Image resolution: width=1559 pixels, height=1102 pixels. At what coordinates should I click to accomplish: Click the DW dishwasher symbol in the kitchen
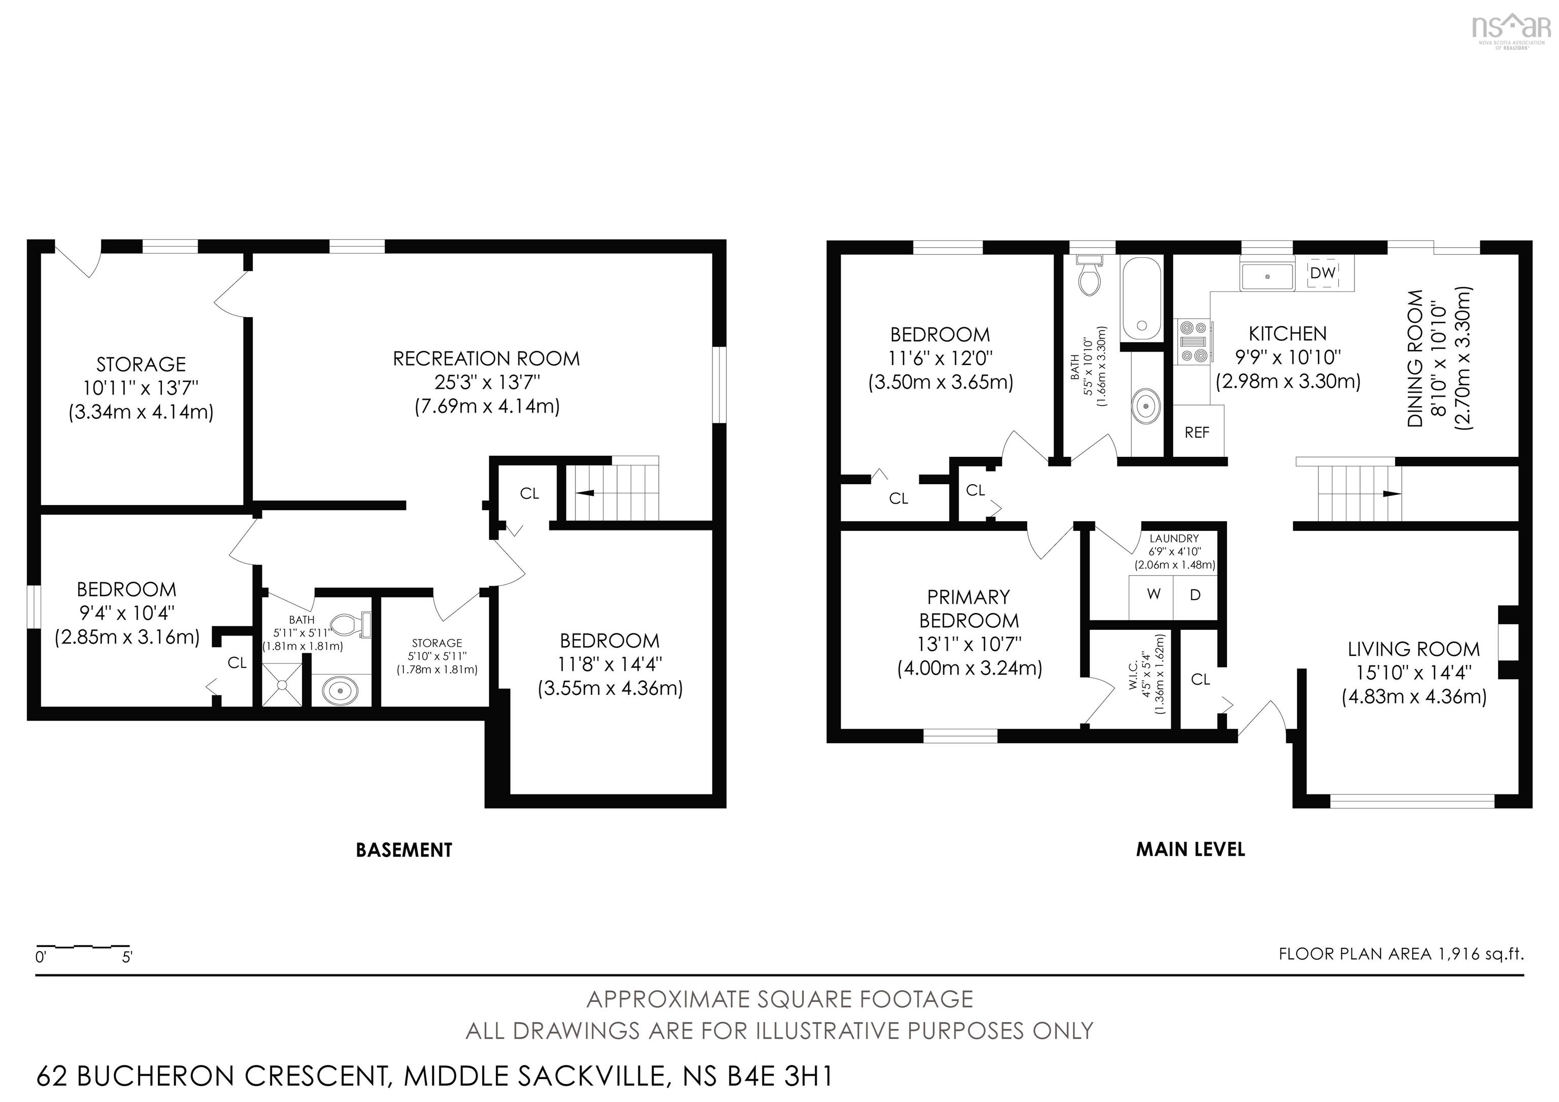click(1322, 273)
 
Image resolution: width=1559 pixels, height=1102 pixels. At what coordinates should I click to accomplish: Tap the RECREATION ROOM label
click(486, 358)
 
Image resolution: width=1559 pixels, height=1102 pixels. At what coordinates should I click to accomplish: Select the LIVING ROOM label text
click(1414, 649)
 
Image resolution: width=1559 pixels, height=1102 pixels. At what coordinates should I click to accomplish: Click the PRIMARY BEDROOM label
click(969, 609)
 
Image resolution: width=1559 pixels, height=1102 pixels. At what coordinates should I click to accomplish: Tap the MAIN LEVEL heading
click(1191, 849)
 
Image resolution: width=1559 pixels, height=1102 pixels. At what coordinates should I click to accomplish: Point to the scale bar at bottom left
click(83, 946)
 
